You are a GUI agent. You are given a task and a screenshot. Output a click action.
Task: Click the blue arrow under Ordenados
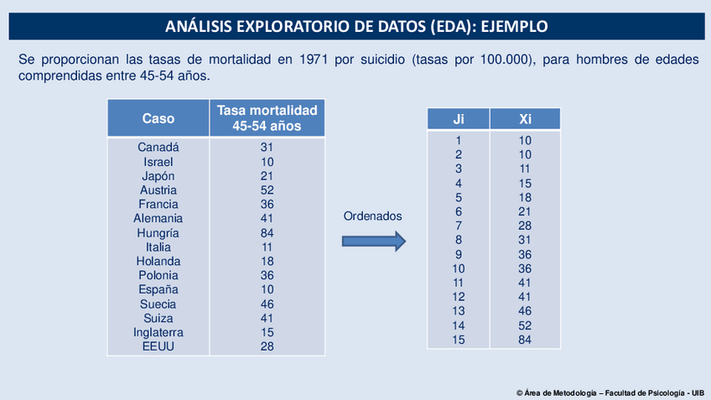(373, 242)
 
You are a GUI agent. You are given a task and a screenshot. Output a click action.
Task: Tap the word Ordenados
(373, 216)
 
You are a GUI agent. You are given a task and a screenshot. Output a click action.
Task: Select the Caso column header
(158, 119)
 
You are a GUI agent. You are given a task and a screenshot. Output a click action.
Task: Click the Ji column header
(459, 119)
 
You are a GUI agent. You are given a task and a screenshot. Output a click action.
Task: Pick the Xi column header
(525, 119)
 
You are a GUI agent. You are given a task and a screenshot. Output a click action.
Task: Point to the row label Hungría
(158, 233)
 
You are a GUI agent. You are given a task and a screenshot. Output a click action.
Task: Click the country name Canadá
(158, 147)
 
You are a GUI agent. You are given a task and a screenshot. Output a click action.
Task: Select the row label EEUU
(158, 346)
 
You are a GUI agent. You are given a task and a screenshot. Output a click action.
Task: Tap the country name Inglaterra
(158, 332)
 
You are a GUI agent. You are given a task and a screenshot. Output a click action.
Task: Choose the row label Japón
(158, 175)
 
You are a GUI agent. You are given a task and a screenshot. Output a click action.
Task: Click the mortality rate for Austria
(267, 190)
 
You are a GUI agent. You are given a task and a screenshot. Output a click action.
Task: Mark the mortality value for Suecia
(267, 304)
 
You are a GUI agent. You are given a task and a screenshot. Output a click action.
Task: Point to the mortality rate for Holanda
(267, 261)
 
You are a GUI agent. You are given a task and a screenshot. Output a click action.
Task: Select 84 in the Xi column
(525, 340)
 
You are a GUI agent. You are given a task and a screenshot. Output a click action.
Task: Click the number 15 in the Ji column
(459, 340)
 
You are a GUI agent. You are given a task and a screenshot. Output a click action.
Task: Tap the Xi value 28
(525, 226)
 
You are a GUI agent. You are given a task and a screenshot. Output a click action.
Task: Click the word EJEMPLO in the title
(512, 27)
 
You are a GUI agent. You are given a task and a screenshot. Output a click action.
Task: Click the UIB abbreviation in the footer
(697, 392)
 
